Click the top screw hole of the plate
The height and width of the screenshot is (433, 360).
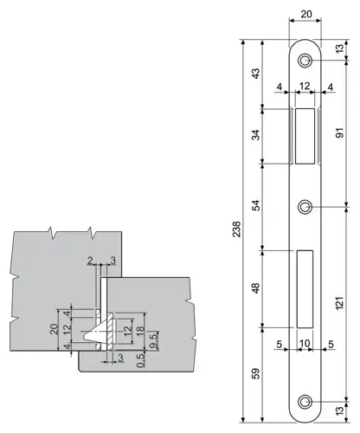pos(305,60)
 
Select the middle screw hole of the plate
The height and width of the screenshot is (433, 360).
pos(305,207)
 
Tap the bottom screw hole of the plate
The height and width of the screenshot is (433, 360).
pos(305,401)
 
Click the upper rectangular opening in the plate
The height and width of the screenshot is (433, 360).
pos(305,137)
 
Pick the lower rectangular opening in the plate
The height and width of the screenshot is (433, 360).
pos(305,287)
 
